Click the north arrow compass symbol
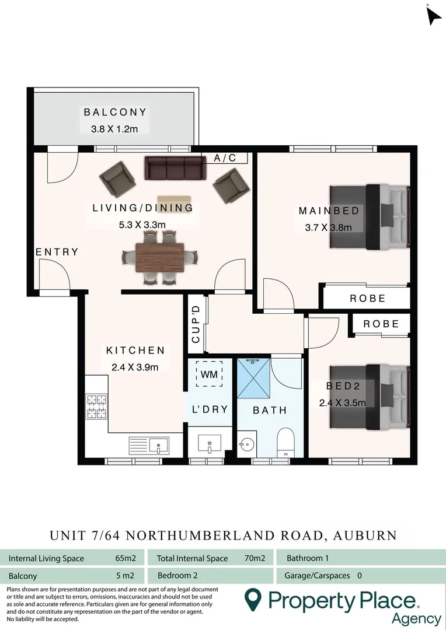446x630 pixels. (x=433, y=16)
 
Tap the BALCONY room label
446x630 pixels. (x=115, y=112)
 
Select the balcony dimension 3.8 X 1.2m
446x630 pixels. (x=114, y=129)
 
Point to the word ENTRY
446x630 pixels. (x=57, y=252)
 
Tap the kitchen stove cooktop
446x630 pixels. (x=97, y=407)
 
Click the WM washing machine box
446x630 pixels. (x=209, y=374)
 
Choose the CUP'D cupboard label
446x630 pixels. (x=196, y=324)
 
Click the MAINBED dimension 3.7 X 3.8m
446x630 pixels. (x=328, y=228)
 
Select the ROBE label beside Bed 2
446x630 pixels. (x=381, y=324)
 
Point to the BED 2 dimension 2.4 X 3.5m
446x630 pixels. (x=342, y=402)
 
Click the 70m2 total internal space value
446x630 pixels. (x=255, y=558)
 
